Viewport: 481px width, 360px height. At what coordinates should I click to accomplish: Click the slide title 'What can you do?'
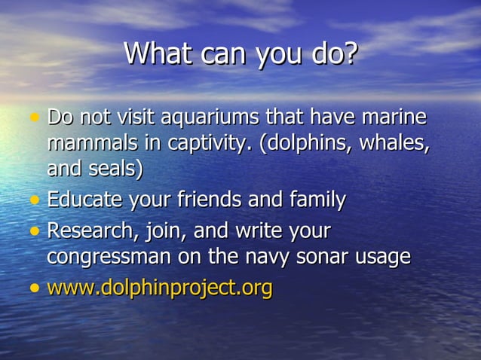pos(240,54)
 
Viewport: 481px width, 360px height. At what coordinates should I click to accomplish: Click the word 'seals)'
pos(116,168)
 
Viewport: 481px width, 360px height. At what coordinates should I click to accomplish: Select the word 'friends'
pos(210,201)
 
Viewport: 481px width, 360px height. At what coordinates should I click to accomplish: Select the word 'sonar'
pos(326,257)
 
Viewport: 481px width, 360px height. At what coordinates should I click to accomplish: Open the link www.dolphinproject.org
pos(160,288)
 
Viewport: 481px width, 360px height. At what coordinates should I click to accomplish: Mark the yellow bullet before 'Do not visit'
pos(34,119)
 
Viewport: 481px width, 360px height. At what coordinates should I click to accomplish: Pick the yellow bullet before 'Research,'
pos(34,231)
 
